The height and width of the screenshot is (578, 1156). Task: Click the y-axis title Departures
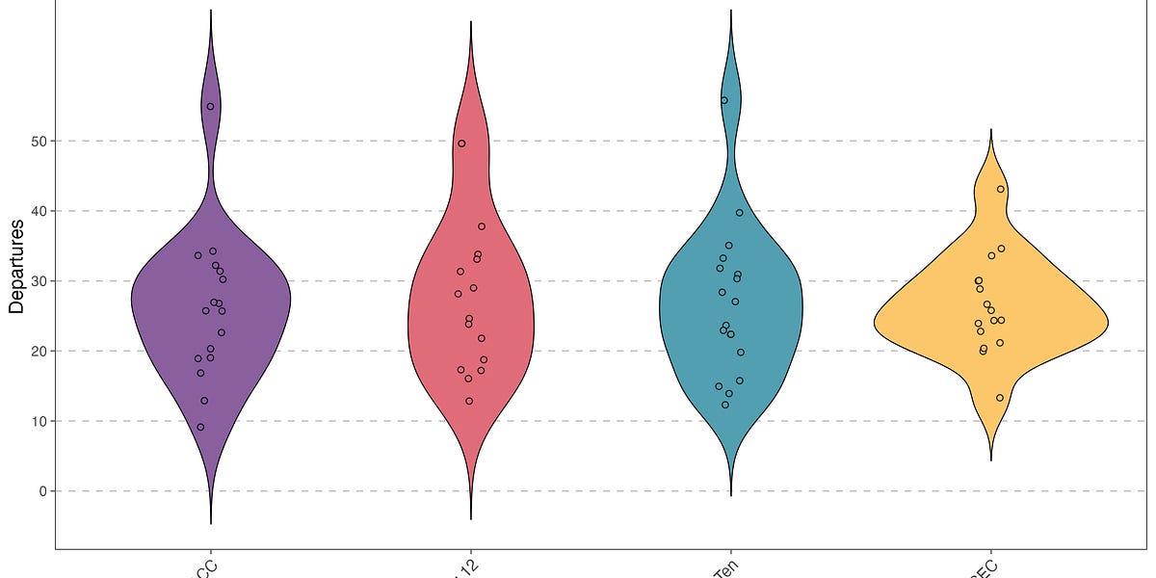click(x=16, y=266)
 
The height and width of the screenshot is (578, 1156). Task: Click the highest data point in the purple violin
click(x=211, y=106)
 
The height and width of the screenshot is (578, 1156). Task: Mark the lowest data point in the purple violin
click(x=200, y=427)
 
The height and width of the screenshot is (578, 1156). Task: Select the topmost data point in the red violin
click(x=461, y=144)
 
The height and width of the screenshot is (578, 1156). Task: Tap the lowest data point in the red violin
click(x=469, y=401)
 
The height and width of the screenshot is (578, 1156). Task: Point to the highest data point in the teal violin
click(x=724, y=100)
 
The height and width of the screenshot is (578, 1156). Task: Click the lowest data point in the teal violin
click(x=725, y=405)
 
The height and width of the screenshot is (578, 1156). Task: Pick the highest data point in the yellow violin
click(x=1001, y=189)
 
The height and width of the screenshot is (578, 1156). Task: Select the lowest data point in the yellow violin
click(x=1000, y=398)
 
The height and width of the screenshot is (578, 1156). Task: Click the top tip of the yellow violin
click(x=990, y=130)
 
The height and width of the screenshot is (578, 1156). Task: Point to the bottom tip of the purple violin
click(x=211, y=523)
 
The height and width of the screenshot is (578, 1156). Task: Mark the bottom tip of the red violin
click(x=471, y=518)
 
